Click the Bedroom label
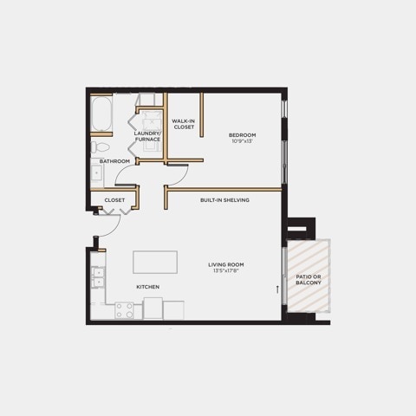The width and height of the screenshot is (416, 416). tap(242, 135)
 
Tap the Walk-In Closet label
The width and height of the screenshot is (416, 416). tap(184, 124)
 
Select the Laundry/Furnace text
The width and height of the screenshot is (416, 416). tap(147, 136)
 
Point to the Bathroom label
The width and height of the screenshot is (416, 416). tap(114, 161)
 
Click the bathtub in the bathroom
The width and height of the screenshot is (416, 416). tap(101, 114)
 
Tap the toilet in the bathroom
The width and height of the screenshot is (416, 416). tap(100, 147)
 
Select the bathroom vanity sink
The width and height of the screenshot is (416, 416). tap(96, 173)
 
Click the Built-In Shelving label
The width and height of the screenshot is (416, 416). tap(224, 200)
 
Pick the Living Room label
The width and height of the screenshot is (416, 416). tap(226, 264)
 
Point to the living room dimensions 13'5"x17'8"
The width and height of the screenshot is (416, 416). tap(226, 270)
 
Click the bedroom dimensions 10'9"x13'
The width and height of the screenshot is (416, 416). tap(242, 141)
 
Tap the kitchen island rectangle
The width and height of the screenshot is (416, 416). tap(155, 262)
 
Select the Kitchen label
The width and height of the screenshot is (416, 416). tap(148, 287)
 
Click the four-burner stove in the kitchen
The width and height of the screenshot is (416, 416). tap(124, 310)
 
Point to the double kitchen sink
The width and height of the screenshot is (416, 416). tap(98, 277)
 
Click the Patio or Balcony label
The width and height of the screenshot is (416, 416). tap(309, 280)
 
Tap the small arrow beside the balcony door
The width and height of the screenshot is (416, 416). tap(277, 289)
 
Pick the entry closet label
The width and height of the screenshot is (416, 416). tap(114, 200)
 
